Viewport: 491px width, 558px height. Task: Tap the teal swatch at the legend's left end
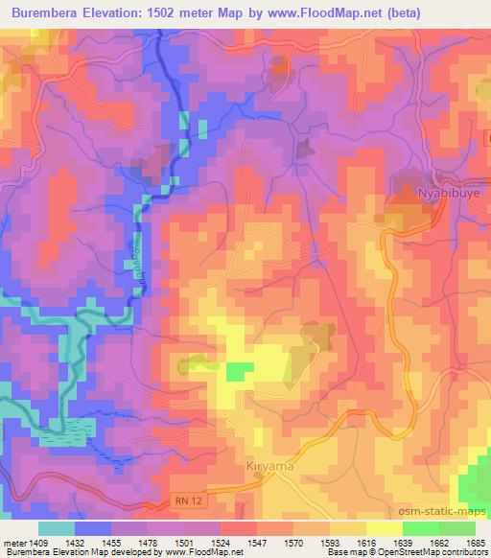(x=56, y=527)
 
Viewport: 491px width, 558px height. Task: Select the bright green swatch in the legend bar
(x=421, y=527)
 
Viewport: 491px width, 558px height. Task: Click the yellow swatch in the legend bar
(x=384, y=527)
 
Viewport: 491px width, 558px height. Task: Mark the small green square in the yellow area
(x=240, y=370)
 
